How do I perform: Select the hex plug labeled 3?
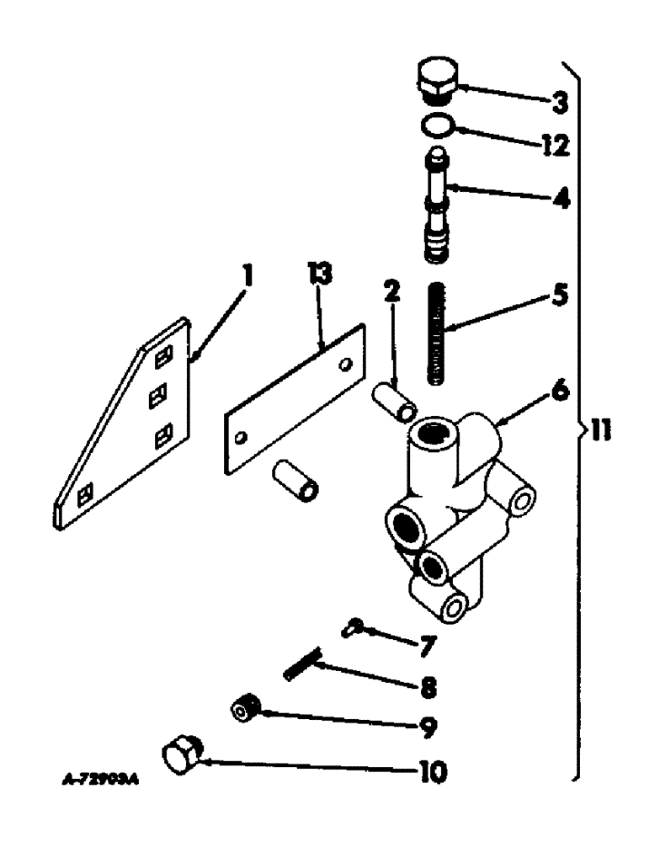click(436, 80)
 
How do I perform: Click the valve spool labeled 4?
click(438, 202)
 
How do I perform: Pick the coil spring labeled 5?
click(439, 336)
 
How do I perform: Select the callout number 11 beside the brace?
click(599, 433)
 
